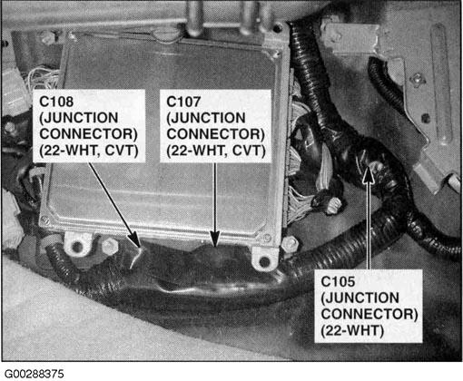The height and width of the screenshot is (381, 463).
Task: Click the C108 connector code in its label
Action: coord(56,102)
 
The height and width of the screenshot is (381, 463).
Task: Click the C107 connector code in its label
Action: coord(183,102)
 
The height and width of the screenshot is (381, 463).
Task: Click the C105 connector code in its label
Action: coord(338,281)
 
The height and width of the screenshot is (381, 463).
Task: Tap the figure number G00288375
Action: coord(34,374)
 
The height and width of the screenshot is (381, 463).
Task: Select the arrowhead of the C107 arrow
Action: coord(215,239)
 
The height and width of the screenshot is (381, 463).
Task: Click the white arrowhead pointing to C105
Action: coord(369,175)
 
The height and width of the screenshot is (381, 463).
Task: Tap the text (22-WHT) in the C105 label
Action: coord(352,330)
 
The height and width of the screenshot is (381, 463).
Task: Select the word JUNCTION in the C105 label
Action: coord(360,298)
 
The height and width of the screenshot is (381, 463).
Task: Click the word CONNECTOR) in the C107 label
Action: coord(216,134)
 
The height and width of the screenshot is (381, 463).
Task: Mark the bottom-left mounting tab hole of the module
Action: coord(77,247)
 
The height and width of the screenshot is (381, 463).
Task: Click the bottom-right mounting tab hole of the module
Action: coord(264,261)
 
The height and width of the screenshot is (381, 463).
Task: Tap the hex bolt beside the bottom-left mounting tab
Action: coord(110,246)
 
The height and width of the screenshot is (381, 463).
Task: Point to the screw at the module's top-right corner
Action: coord(276,54)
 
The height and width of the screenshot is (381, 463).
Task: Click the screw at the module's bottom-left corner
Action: coord(45,220)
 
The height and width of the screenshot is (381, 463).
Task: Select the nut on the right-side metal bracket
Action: coord(418,80)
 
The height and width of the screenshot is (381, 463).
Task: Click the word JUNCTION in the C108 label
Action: coord(79,118)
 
